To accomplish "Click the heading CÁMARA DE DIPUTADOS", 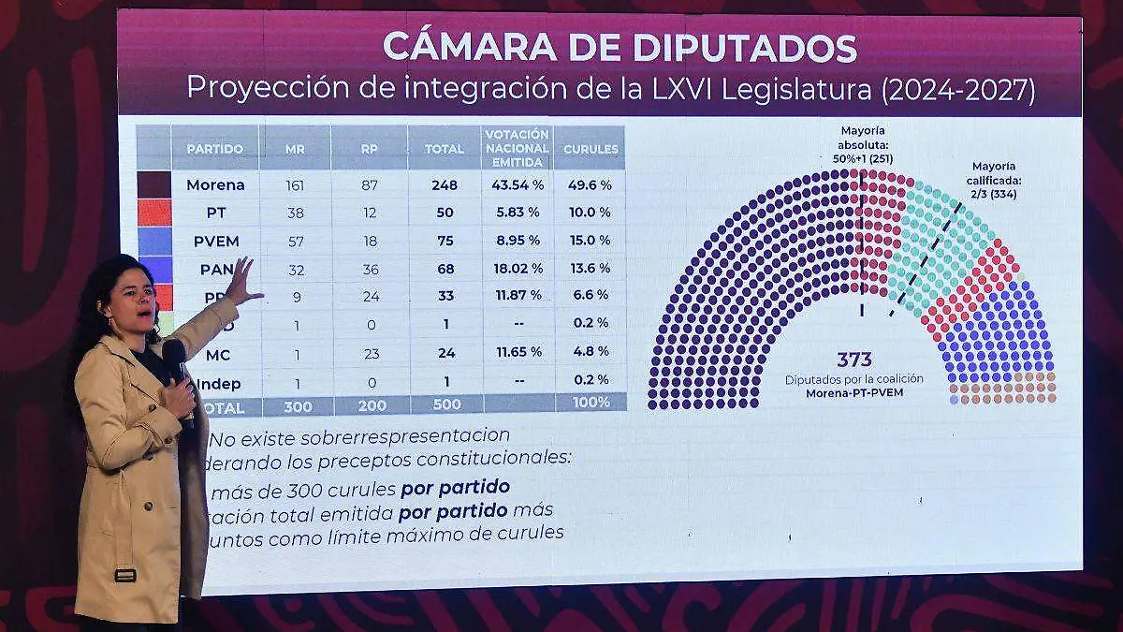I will click(620, 45).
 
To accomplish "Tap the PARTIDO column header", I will click(214, 149).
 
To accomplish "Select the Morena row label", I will click(215, 185).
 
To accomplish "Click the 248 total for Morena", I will click(445, 185).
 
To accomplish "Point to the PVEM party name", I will click(215, 241).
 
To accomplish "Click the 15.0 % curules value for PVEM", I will click(591, 241).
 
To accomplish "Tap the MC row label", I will click(218, 355).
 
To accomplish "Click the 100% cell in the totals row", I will click(591, 403).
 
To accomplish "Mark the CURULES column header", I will click(591, 149).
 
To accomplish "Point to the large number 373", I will click(854, 360).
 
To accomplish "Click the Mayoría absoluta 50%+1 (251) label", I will click(862, 145).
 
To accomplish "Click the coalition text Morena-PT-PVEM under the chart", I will click(853, 393).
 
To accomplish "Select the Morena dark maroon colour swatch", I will click(153, 184).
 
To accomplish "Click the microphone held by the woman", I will click(176, 360).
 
